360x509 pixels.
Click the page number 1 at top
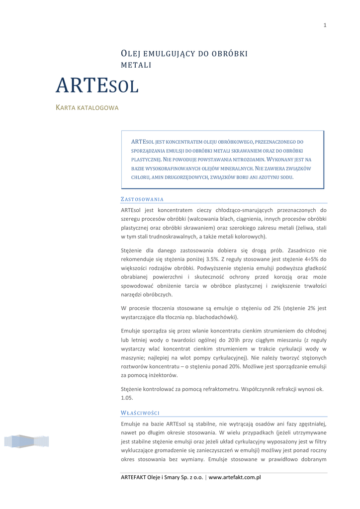point(325,26)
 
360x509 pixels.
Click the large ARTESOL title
point(96,86)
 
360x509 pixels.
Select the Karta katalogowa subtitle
point(87,108)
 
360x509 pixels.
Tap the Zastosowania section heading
point(142,199)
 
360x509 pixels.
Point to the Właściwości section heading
point(140,413)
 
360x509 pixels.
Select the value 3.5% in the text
point(211,259)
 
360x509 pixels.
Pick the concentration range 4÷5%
point(308,259)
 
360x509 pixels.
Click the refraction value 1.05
point(127,398)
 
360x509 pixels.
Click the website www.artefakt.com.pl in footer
point(235,478)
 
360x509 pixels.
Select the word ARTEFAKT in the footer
point(136,478)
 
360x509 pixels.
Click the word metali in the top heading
point(136,65)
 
